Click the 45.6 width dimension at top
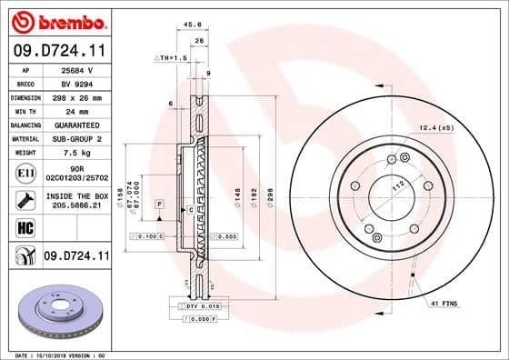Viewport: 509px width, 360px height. (193, 25)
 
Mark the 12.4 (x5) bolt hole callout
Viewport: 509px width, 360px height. (435, 127)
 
